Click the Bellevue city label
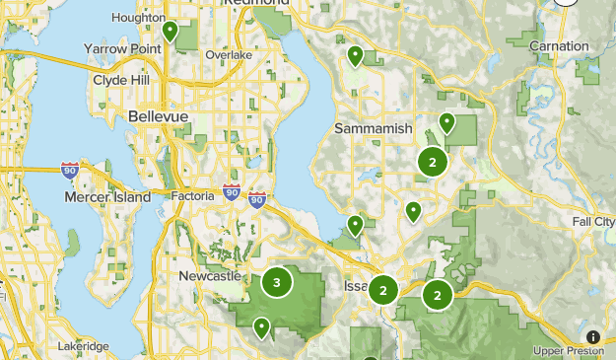[x=158, y=117]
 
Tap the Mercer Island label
[x=108, y=197]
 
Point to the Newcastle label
[x=210, y=277]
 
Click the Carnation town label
[x=559, y=46]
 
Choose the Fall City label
[x=593, y=222]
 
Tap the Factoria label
[x=192, y=196]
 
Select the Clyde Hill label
[x=123, y=81]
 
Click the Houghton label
[x=139, y=18]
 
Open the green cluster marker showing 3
[x=276, y=283]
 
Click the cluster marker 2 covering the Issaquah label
[x=383, y=290]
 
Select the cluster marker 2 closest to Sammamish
[x=432, y=161]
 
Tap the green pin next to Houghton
[x=170, y=32]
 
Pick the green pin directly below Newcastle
[x=261, y=326]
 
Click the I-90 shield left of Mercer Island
[x=70, y=171]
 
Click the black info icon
[x=592, y=336]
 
